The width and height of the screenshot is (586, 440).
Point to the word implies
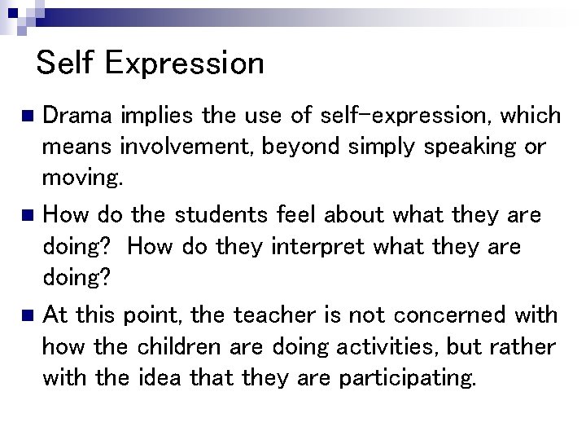coord(156,117)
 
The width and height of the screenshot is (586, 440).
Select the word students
coord(224,215)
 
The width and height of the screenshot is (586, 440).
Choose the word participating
coord(406,378)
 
